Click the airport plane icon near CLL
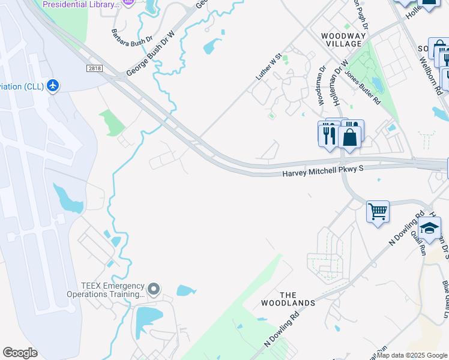53,86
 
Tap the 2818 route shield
94,69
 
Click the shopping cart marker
378,212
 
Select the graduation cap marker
429,228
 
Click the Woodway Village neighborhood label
343,40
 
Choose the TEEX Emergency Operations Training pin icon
154,290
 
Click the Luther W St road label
269,67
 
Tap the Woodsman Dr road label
322,86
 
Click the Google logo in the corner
20,353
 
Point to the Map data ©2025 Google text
412,355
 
